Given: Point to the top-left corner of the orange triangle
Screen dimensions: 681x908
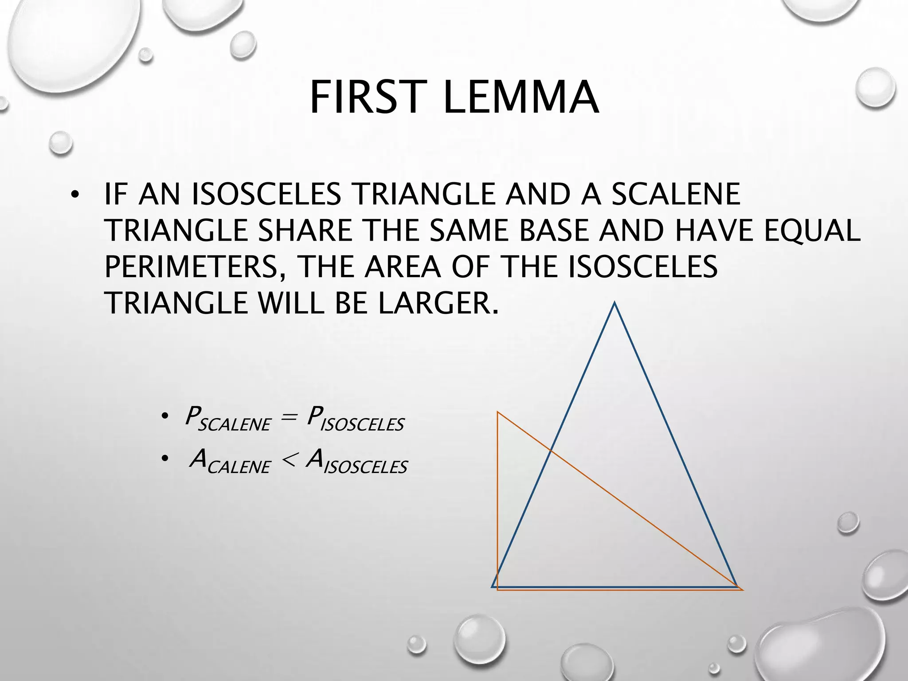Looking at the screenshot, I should (498, 412).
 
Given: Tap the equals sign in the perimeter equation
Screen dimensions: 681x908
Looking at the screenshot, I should (288, 419).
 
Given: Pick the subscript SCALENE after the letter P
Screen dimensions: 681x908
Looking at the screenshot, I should (234, 425).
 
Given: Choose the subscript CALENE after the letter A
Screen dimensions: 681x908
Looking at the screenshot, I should (239, 467).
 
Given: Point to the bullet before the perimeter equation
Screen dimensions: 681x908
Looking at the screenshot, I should (164, 417).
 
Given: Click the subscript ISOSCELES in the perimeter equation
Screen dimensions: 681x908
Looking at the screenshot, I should (362, 425).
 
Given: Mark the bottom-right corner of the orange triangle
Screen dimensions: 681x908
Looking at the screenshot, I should (742, 590).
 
